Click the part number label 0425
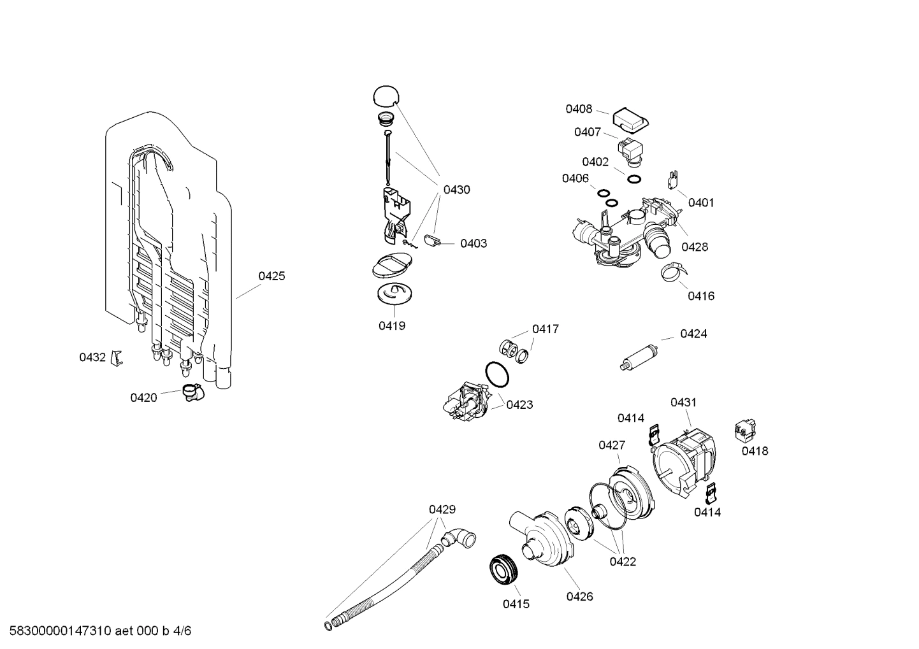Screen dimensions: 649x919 tap(271, 276)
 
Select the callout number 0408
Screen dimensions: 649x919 tap(579, 109)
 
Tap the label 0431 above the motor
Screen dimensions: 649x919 tap(683, 402)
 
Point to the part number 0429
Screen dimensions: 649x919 tap(442, 509)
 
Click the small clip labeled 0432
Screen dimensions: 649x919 tap(116, 358)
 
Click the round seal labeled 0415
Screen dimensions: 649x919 tap(503, 569)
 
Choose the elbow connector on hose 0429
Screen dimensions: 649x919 tap(460, 538)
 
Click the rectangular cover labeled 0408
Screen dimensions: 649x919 tap(630, 119)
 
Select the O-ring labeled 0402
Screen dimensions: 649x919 tap(633, 179)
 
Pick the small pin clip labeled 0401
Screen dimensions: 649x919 tap(672, 180)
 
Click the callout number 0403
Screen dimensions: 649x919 tap(474, 243)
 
